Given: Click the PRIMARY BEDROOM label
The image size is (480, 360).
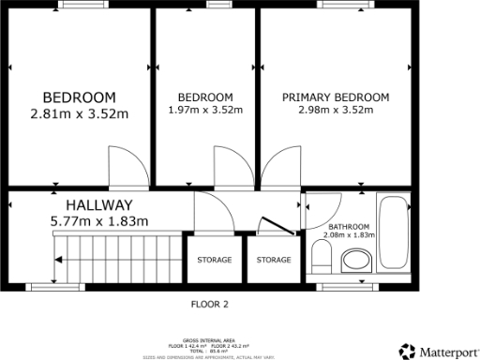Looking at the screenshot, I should click(336, 97).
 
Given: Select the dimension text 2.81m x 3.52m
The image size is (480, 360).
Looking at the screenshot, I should click(80, 113).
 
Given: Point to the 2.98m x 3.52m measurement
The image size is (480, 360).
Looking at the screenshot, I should click(336, 111).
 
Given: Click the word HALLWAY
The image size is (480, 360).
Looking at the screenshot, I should click(98, 205).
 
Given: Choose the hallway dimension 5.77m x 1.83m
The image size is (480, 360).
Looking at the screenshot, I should click(98, 221).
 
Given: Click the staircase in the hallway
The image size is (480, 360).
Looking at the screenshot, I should click(112, 258).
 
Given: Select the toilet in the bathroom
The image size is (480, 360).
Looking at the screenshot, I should click(321, 254).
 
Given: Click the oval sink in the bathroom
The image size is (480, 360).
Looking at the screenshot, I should click(356, 260).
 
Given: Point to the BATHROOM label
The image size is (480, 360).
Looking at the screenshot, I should click(348, 227).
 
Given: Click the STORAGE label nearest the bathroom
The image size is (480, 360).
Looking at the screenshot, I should click(274, 260).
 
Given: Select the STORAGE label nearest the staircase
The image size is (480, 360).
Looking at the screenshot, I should click(213, 260).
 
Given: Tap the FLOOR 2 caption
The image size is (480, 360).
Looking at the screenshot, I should click(209, 304).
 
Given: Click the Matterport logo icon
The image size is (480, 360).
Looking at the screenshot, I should click(407, 351).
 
